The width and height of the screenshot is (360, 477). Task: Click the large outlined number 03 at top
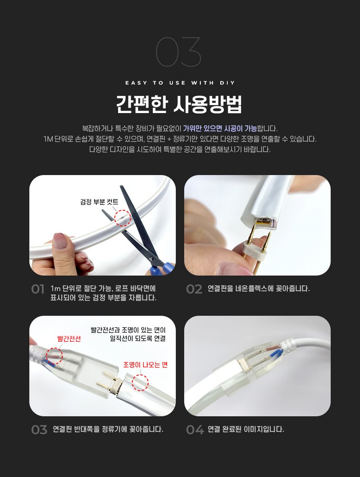click(x=179, y=52)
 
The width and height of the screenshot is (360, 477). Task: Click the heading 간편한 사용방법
click(x=179, y=104)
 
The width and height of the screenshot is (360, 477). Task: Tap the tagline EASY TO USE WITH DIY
click(x=180, y=83)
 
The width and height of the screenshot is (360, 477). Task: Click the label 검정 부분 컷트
click(x=99, y=202)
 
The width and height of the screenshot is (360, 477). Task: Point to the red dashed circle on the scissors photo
click(x=123, y=217)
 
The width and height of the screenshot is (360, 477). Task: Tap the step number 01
click(x=38, y=290)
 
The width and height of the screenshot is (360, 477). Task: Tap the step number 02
click(x=194, y=289)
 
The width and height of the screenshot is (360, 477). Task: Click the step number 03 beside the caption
click(x=39, y=430)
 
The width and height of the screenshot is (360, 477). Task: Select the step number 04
click(x=194, y=430)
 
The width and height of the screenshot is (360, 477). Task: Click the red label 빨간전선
click(x=69, y=339)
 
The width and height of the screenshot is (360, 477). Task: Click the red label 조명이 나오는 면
click(x=145, y=365)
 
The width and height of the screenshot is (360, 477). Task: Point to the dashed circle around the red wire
click(x=54, y=356)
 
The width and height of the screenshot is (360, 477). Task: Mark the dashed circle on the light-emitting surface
click(x=140, y=382)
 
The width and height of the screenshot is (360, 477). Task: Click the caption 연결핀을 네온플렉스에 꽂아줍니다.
click(x=258, y=289)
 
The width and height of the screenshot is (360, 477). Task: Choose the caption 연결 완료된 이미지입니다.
click(x=246, y=429)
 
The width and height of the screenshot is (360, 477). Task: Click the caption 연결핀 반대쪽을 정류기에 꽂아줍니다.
click(x=108, y=429)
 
